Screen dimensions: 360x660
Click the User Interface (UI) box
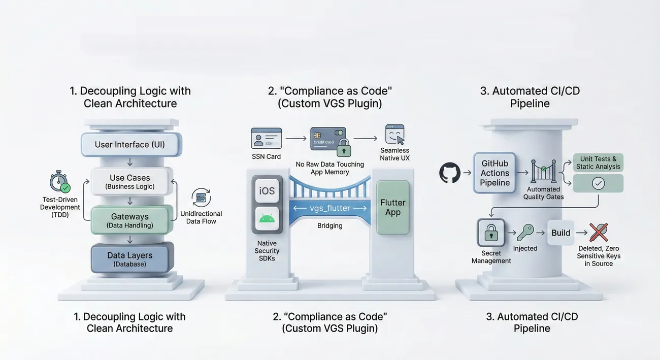(x=130, y=145)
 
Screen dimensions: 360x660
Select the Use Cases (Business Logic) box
(x=130, y=182)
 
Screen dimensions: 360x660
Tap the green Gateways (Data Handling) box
(x=130, y=220)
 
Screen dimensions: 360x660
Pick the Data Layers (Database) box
(x=130, y=259)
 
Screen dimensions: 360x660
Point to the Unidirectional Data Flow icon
(x=201, y=198)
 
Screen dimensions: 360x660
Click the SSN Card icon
(x=266, y=138)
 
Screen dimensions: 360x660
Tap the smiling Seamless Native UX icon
(x=394, y=135)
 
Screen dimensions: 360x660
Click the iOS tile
(x=267, y=191)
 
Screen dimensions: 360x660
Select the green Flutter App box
(x=392, y=207)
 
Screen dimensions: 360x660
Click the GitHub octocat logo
(x=449, y=173)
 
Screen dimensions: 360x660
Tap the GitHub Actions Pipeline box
(x=495, y=173)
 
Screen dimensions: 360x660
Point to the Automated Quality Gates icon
(x=543, y=172)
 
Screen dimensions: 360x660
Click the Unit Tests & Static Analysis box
(x=598, y=162)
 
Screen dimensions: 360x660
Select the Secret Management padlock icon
(x=491, y=233)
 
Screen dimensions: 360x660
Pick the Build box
(x=561, y=233)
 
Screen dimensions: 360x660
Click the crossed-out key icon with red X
(x=599, y=233)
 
